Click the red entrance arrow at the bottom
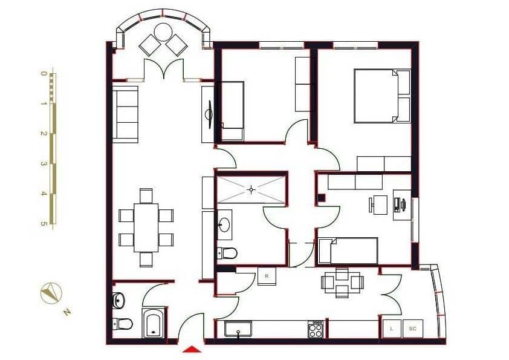(x=192, y=349)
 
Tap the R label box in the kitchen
(x=267, y=275)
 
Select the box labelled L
(x=392, y=329)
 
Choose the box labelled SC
(x=413, y=329)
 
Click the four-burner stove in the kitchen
(x=316, y=329)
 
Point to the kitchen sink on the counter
(x=239, y=330)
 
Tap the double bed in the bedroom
(x=381, y=96)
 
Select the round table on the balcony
(x=163, y=31)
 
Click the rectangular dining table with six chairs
(x=146, y=227)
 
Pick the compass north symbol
(x=50, y=294)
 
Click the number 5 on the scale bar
(x=44, y=223)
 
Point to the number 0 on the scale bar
(x=44, y=74)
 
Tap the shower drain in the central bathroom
(x=251, y=190)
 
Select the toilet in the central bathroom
(x=228, y=252)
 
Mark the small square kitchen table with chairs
(x=342, y=281)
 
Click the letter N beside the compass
(x=68, y=312)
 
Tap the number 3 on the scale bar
(x=44, y=164)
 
